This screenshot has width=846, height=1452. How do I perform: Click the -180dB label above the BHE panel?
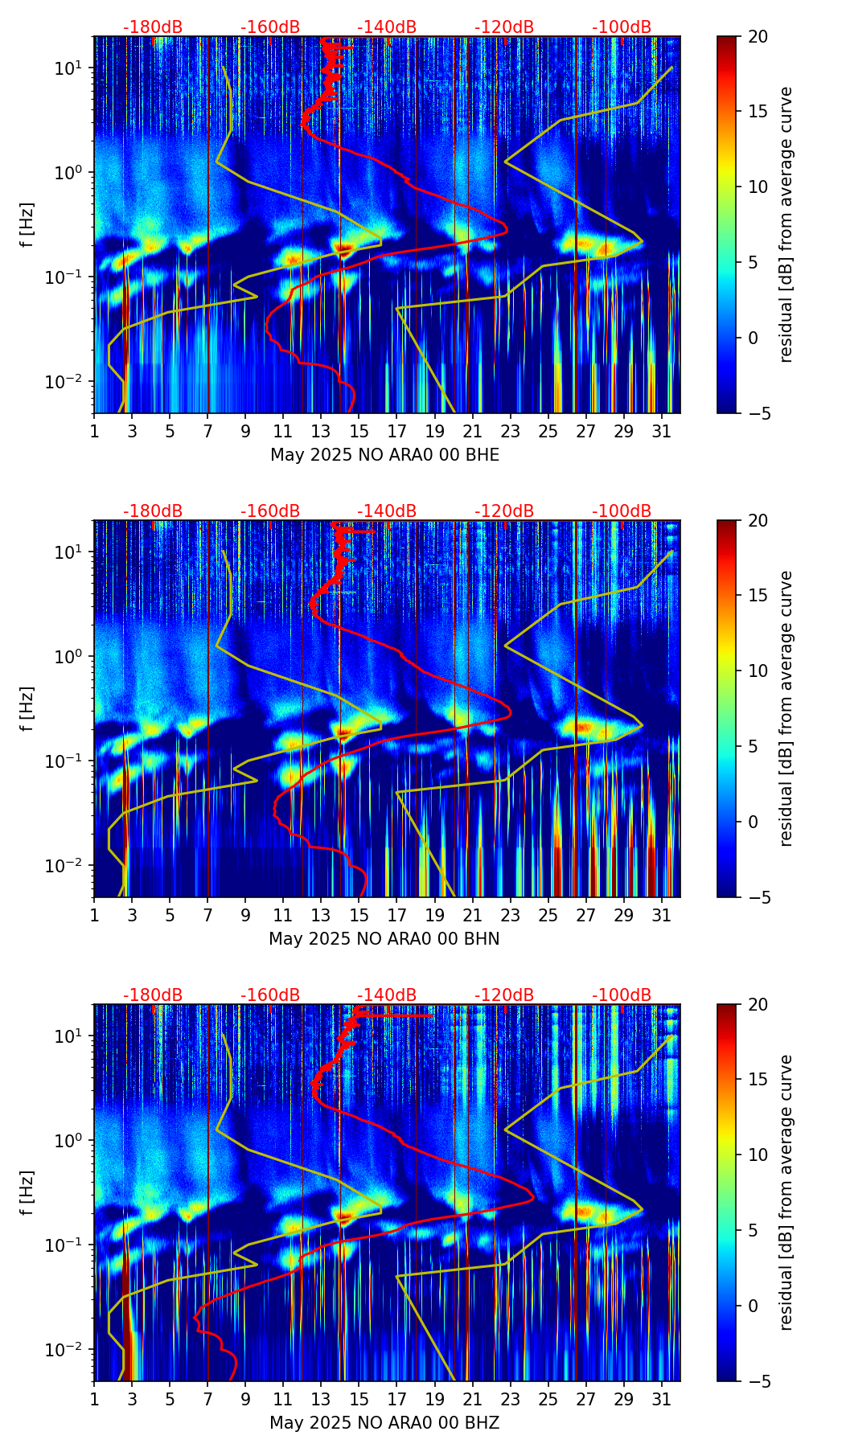pyautogui.click(x=153, y=27)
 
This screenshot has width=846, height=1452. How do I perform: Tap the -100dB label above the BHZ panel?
pyautogui.click(x=622, y=995)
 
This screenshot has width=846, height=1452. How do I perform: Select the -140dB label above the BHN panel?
pyautogui.click(x=387, y=511)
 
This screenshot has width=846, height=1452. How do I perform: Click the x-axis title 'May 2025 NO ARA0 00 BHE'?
pyautogui.click(x=384, y=455)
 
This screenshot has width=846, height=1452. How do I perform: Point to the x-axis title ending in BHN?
pyautogui.click(x=384, y=939)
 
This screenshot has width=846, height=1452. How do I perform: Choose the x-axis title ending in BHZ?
pyautogui.click(x=384, y=1423)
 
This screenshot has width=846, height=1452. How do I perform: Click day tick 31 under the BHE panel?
pyautogui.click(x=662, y=431)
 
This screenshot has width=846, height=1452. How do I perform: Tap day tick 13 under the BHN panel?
pyautogui.click(x=321, y=915)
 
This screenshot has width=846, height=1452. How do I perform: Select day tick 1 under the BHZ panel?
pyautogui.click(x=94, y=1399)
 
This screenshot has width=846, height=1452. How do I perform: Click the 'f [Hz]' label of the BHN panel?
pyautogui.click(x=27, y=708)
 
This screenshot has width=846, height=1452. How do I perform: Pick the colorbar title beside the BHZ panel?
pyautogui.click(x=786, y=1192)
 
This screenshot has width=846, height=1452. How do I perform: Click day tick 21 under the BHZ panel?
pyautogui.click(x=472, y=1399)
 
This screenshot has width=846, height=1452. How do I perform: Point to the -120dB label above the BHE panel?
pyautogui.click(x=504, y=27)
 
